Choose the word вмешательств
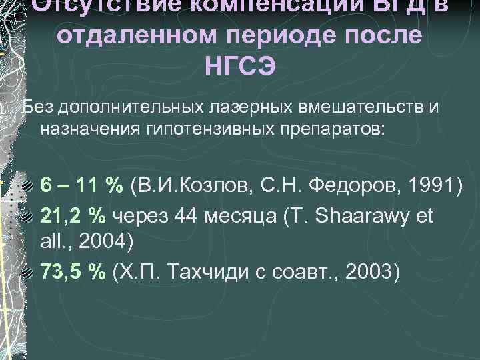pos(342,107)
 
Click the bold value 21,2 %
pos(74,215)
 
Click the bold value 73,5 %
pos(74,273)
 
